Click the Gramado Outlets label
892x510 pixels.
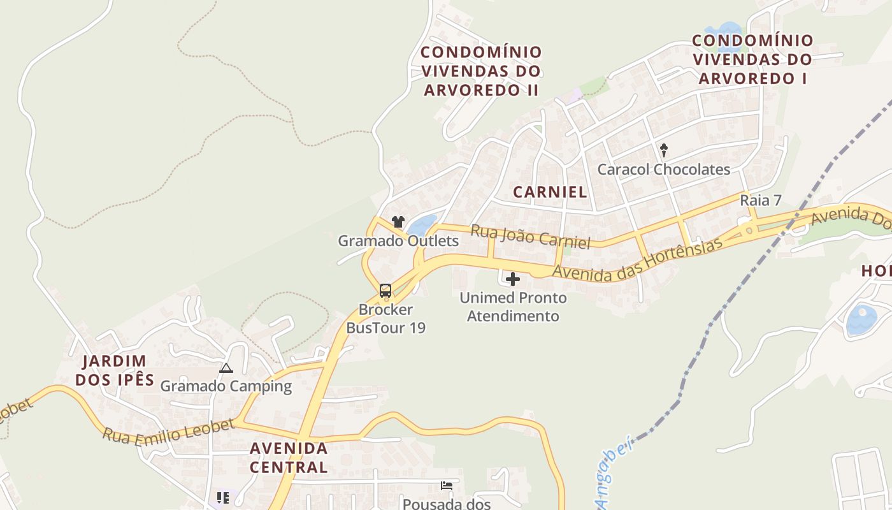(398, 241)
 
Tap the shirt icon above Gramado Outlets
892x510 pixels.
(398, 222)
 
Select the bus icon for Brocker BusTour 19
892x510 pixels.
(385, 291)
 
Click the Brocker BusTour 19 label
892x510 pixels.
(385, 319)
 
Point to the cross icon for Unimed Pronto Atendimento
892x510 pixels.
(512, 279)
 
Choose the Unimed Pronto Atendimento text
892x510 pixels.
(513, 307)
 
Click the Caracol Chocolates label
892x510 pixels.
(663, 170)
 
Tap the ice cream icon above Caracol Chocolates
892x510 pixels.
(664, 150)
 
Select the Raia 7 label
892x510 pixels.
(760, 200)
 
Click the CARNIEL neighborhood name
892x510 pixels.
(550, 192)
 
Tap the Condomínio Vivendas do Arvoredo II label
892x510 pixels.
(482, 71)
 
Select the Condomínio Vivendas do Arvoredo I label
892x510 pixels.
(752, 59)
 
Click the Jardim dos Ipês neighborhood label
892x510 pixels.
(115, 370)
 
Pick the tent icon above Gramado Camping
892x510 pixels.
(226, 368)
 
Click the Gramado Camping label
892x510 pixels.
(226, 386)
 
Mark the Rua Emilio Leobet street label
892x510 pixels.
(168, 432)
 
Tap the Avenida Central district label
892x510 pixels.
(289, 457)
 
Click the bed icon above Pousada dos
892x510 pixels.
(447, 486)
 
